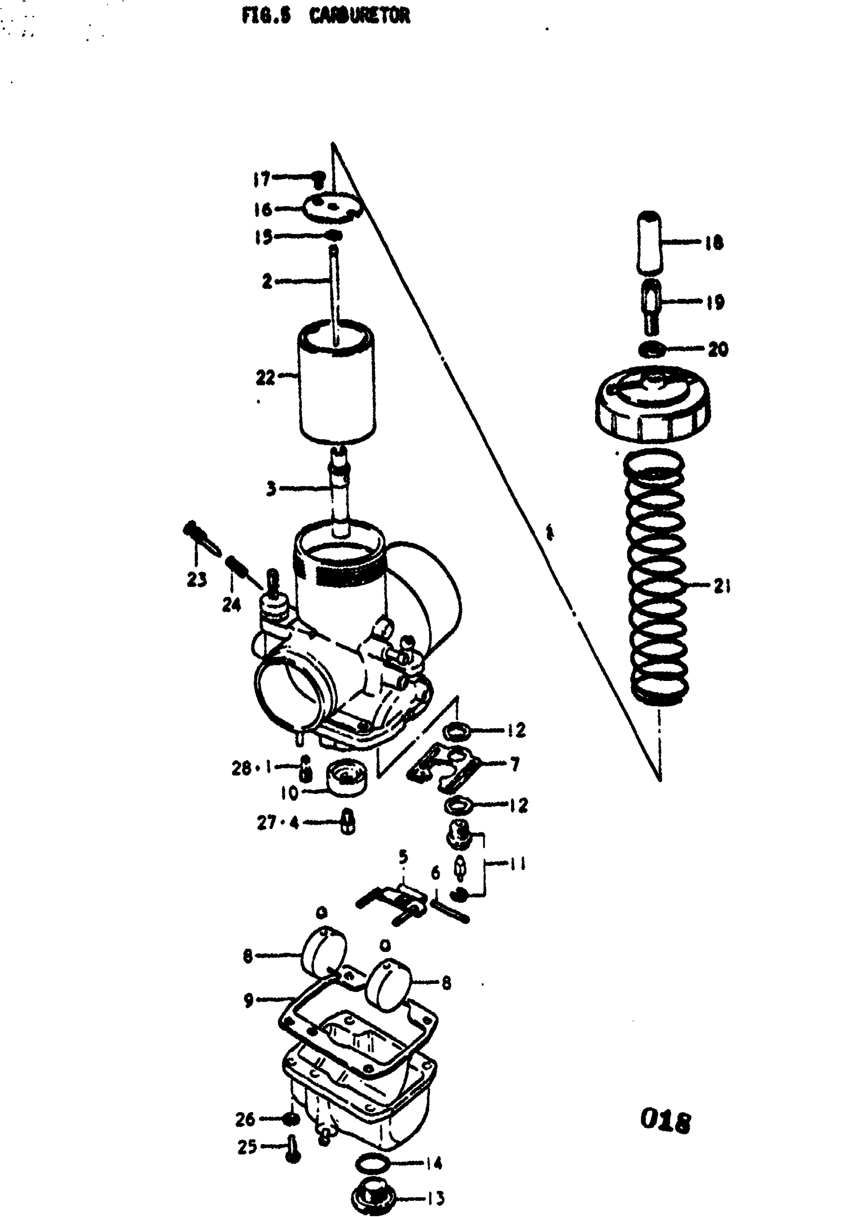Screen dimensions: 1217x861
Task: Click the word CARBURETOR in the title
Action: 360,16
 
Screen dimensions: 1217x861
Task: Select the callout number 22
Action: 265,377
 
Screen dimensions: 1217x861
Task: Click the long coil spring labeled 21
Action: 656,578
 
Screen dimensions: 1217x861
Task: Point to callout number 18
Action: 714,243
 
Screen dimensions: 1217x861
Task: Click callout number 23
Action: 197,579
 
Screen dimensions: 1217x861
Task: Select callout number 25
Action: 247,1147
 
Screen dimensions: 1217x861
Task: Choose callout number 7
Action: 514,764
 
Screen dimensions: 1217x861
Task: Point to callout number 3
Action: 271,488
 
